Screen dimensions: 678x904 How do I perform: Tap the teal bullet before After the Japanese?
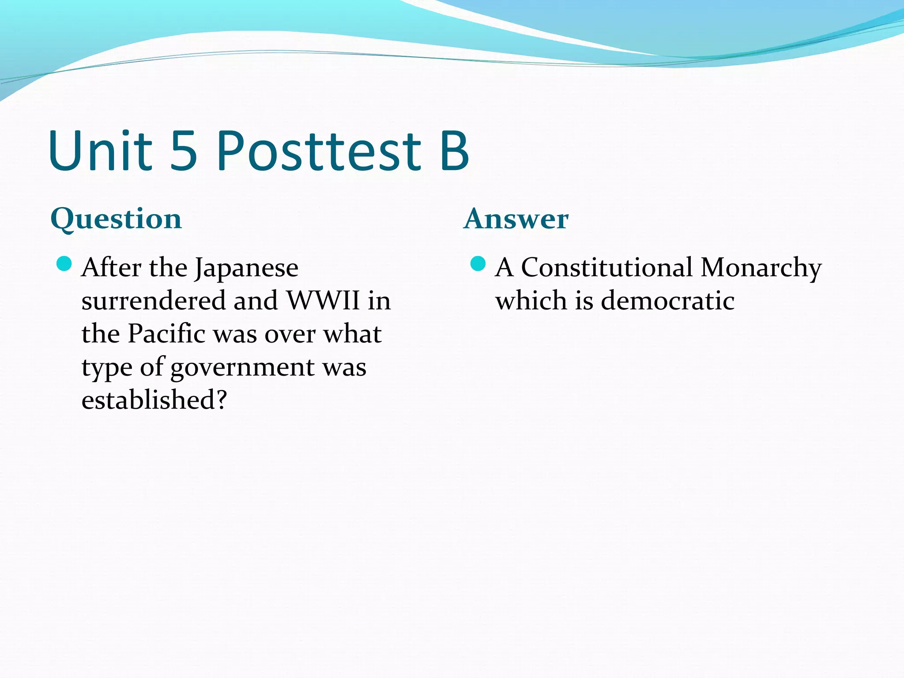pos(64,264)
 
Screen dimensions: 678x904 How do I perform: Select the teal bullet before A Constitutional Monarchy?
pos(478,264)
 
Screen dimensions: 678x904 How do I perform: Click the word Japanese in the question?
pos(246,268)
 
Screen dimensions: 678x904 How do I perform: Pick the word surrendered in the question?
pos(154,301)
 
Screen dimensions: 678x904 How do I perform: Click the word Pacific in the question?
pos(167,334)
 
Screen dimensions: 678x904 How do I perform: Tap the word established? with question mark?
pos(154,400)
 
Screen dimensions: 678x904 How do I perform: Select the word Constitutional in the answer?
pos(607,267)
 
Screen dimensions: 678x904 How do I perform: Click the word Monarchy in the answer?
pos(761,268)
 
